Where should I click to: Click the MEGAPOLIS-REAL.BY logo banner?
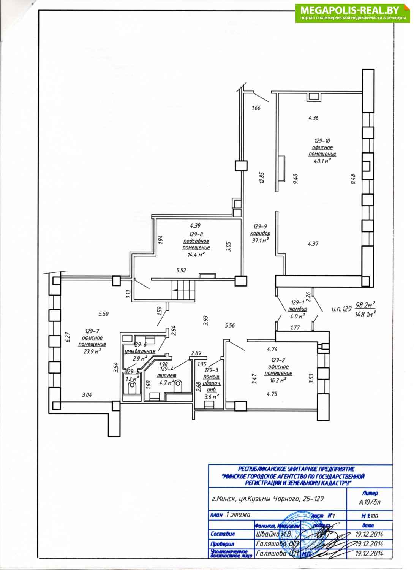353,13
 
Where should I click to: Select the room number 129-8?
196,234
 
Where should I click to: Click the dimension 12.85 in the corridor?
262,178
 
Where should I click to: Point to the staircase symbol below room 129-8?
183,290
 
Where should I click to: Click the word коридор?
260,233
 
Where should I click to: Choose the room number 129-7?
92,331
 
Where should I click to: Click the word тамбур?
297,309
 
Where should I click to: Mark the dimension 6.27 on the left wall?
68,338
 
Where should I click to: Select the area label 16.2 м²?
278,380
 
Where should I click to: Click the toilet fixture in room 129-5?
132,388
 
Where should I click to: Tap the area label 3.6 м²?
212,397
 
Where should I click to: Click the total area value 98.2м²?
365,304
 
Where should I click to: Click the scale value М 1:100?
370,516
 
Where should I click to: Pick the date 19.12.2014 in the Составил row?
369,534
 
